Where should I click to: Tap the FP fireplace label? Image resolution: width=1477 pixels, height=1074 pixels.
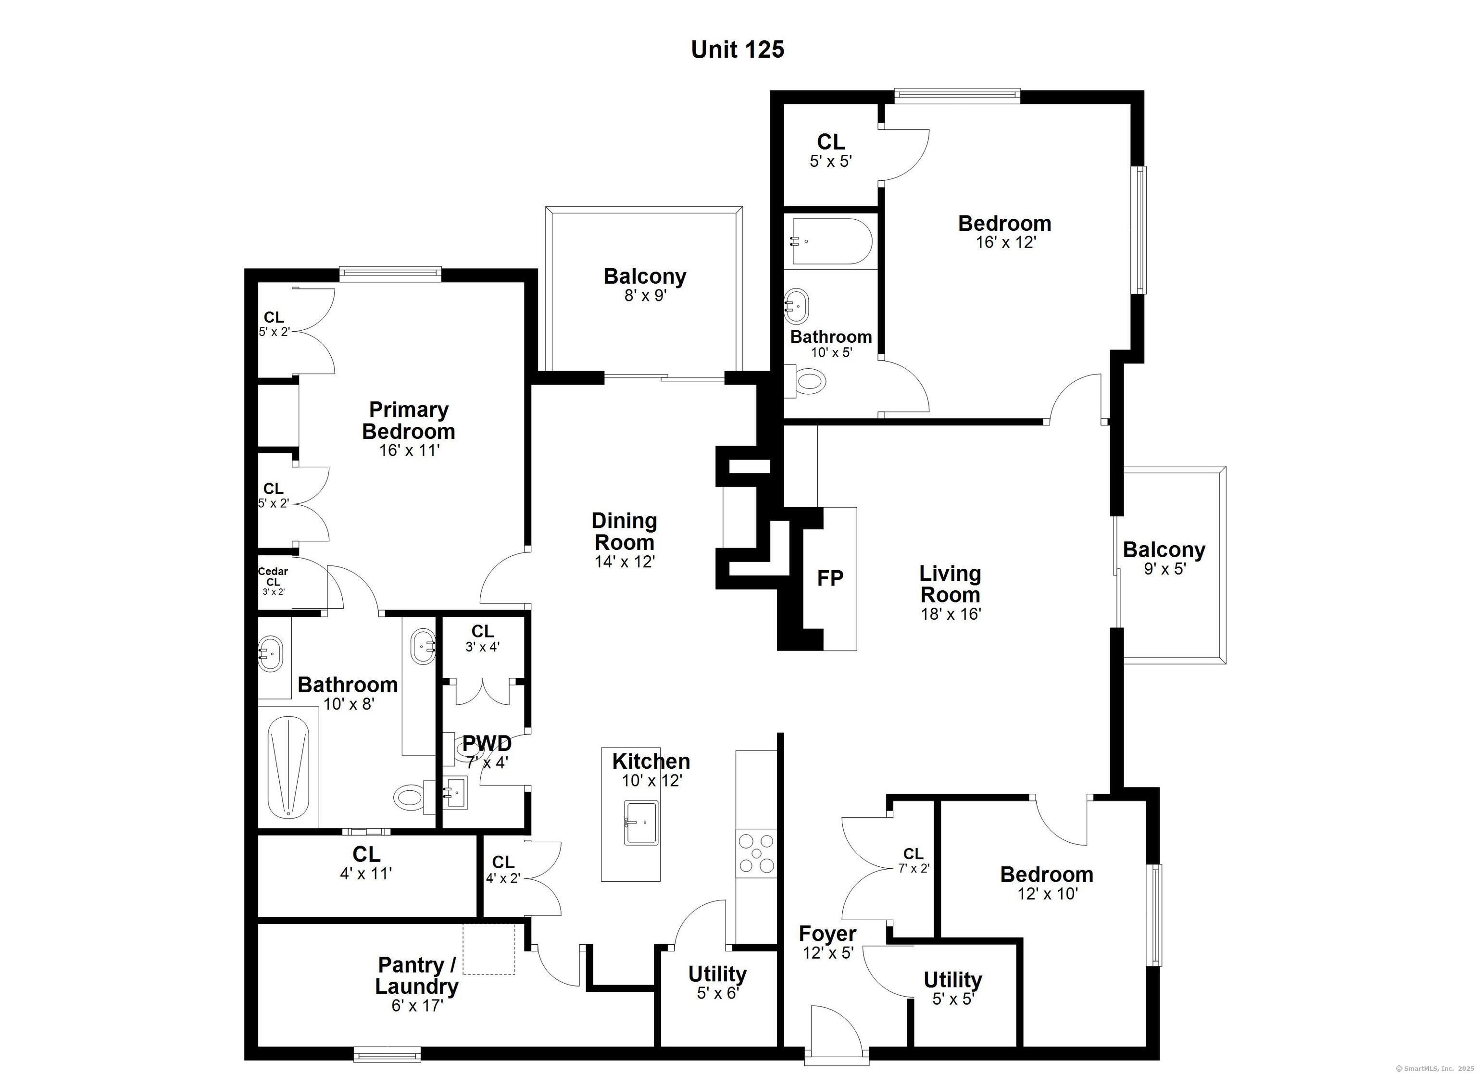point(830,578)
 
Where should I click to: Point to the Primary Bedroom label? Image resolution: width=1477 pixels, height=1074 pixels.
point(409,421)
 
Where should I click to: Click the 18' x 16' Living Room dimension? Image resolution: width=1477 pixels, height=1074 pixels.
point(951,613)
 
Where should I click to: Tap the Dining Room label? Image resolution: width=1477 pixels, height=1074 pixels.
point(625,531)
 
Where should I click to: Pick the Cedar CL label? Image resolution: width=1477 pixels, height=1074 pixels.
point(273,576)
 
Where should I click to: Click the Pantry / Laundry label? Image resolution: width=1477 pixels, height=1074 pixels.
point(417,975)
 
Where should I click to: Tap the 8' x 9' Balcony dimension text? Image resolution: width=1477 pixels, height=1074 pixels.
point(645,296)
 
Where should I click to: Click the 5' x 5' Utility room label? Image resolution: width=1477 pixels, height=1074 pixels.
point(953,980)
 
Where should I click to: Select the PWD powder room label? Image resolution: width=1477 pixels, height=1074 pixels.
point(487,743)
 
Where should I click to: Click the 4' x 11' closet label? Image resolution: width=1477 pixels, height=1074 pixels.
point(366,854)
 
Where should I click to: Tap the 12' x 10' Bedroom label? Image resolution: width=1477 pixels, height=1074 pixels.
point(1047,874)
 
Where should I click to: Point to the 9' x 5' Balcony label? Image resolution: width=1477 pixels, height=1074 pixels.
point(1164,549)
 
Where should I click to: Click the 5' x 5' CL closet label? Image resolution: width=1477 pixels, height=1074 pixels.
point(831,141)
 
